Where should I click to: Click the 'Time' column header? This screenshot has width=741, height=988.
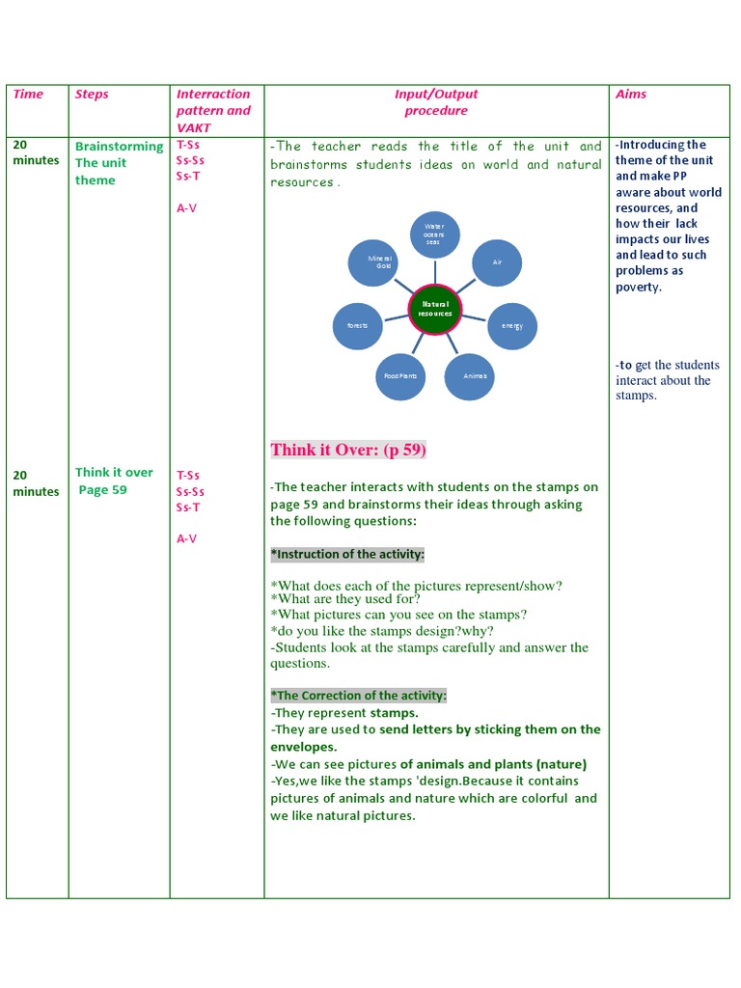[x=28, y=94]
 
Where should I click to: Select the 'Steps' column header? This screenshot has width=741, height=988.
[x=92, y=94]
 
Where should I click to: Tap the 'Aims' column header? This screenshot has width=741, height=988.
[x=631, y=94]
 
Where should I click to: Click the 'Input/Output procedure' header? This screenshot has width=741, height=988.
[x=436, y=102]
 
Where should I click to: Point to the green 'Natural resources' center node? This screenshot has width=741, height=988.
[x=434, y=310]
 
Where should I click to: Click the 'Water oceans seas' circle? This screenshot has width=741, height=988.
[x=434, y=234]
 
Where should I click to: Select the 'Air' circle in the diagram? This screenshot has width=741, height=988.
[x=497, y=262]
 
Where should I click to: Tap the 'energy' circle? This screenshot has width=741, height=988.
[x=511, y=326]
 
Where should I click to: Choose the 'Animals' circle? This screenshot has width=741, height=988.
[x=470, y=375]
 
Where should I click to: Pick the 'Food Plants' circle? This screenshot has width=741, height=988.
[x=400, y=375]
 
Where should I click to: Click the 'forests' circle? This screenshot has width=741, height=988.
[x=357, y=326]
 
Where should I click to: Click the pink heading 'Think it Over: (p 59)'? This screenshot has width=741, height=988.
[x=348, y=450]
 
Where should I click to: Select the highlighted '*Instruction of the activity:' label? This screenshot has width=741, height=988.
[x=347, y=554]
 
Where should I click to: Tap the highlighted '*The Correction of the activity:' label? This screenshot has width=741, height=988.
[x=359, y=695]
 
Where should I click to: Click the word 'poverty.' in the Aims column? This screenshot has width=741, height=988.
[x=639, y=287]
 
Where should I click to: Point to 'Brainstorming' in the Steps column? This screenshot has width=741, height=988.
[x=119, y=147]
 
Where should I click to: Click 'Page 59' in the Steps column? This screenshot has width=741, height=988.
[x=102, y=489]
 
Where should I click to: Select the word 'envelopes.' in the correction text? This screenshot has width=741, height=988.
[x=303, y=747]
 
